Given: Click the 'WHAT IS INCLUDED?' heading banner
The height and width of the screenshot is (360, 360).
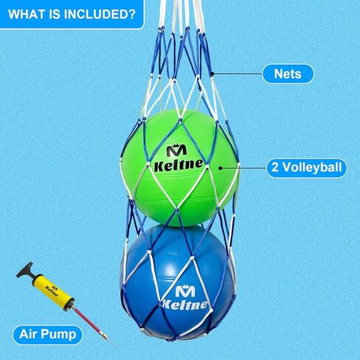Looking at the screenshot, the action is (72, 14).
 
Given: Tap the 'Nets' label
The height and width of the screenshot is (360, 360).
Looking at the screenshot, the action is (288, 74).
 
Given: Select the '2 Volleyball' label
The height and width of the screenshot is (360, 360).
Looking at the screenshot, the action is (307, 167).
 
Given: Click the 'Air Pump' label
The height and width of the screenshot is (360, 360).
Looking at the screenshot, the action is (48, 334).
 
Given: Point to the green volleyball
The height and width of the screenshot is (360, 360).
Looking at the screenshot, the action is (180, 167).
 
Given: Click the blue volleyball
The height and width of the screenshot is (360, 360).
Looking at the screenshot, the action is (178, 281).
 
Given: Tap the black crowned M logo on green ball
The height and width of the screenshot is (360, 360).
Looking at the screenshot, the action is (176, 150).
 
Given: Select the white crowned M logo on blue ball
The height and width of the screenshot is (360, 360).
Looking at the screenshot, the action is (185, 291).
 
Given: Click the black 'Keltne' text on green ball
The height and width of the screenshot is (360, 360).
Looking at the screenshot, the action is (179, 165).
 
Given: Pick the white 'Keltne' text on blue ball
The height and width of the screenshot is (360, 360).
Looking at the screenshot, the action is (185, 305).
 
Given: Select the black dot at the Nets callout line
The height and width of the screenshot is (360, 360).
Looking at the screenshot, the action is (212, 73).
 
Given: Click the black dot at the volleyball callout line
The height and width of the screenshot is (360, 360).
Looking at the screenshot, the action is (221, 168).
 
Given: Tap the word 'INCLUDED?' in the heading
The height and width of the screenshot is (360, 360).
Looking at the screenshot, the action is (100, 14).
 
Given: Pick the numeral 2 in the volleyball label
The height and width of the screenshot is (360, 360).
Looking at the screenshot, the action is (275, 167).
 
